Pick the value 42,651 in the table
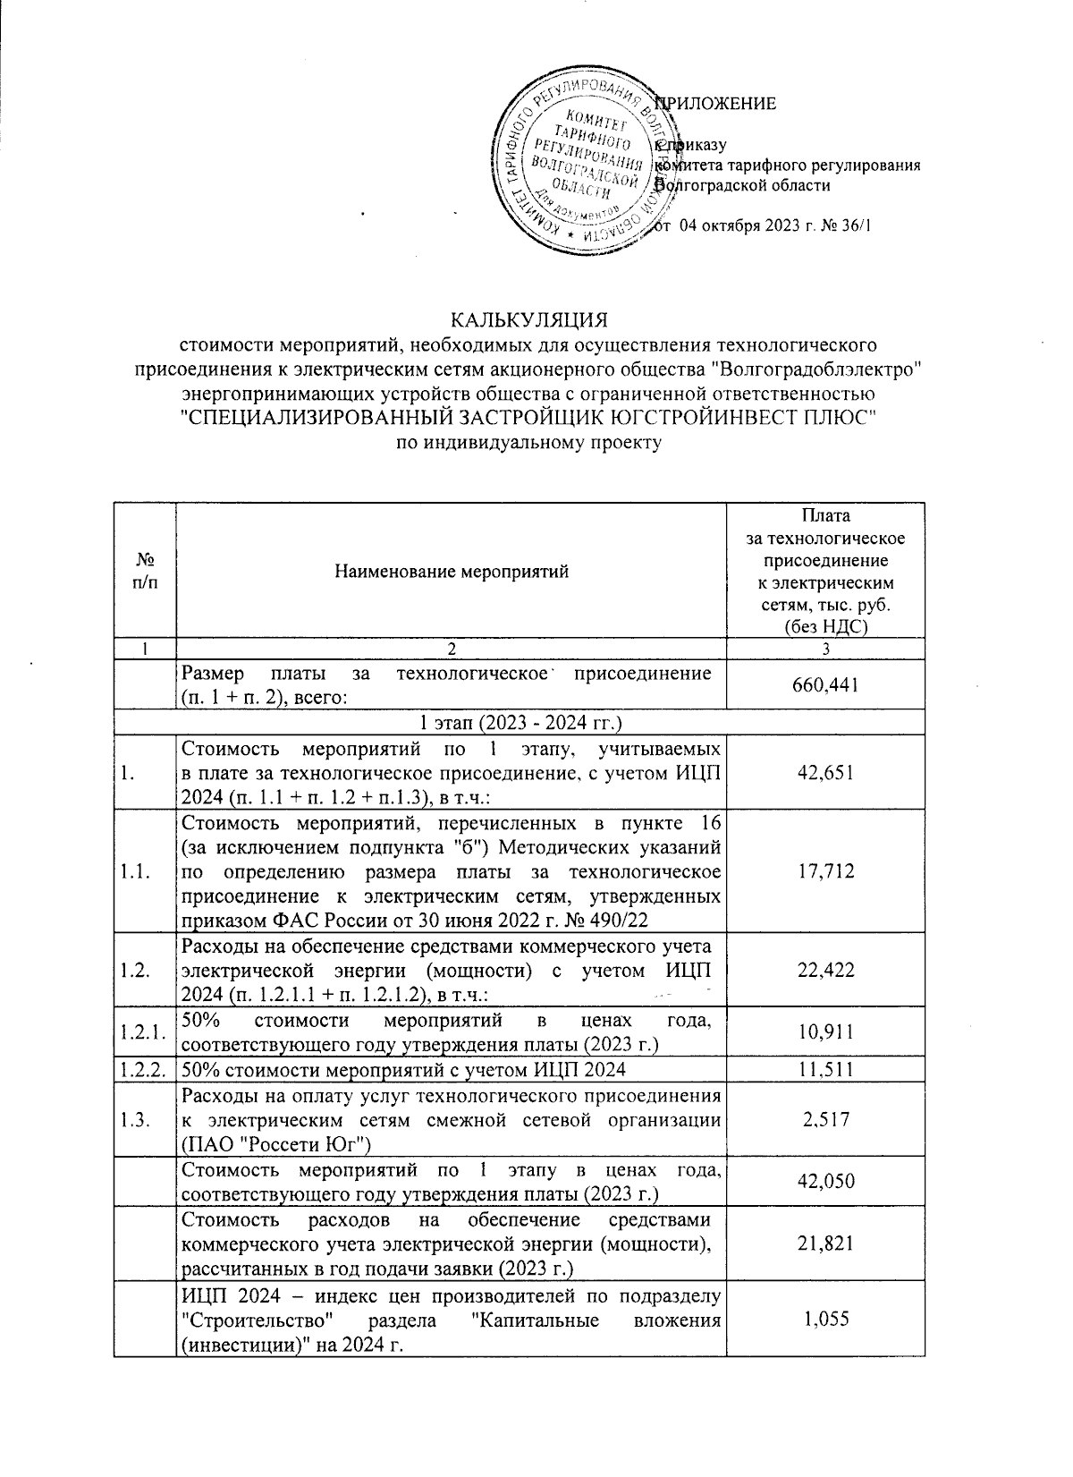point(825,773)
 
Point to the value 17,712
point(825,870)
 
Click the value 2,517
point(825,1119)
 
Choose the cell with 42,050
point(825,1181)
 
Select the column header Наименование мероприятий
point(452,572)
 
